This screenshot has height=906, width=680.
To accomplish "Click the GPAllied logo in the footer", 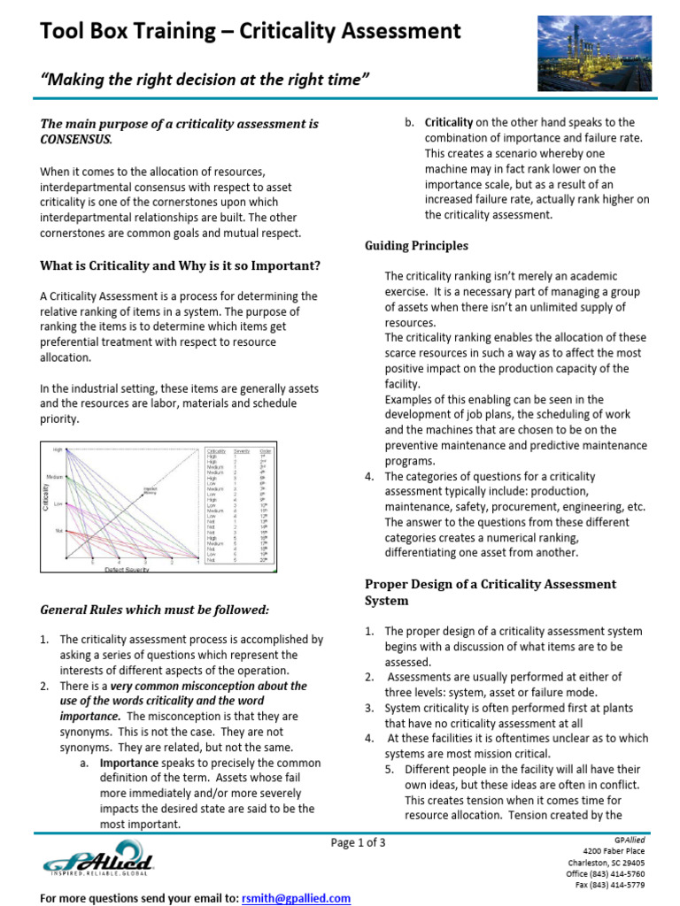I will (98, 858).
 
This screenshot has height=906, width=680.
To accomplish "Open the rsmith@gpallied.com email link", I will (296, 898).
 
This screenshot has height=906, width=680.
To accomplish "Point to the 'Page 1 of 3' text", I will (359, 842).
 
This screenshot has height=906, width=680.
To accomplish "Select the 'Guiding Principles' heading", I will (417, 245).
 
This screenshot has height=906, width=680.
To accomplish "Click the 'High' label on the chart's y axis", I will (58, 450).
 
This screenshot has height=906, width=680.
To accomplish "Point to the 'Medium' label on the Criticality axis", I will (55, 477).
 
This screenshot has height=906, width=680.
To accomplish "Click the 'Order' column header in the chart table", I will (266, 451).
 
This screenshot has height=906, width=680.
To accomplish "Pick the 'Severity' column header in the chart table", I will (242, 451).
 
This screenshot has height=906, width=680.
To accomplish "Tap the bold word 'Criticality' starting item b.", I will (449, 122).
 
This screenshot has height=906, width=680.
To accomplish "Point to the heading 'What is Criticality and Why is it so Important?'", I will (181, 266).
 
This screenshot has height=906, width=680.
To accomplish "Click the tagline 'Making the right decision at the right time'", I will (204, 81).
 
